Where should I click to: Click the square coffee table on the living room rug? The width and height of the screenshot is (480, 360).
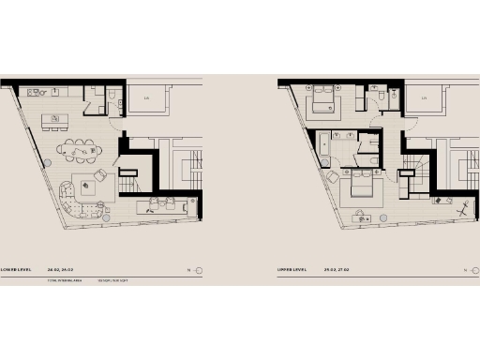tap(96, 183)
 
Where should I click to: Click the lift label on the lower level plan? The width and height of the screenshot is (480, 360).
tap(146, 97)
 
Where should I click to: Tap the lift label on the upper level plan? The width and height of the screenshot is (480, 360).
tap(425, 97)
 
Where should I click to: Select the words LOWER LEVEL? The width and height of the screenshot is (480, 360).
tap(17, 270)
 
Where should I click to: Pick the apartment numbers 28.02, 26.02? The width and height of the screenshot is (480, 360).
tap(60, 270)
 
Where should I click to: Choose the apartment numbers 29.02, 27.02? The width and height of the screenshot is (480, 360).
tap(337, 270)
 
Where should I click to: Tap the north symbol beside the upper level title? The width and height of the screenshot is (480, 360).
tap(473, 270)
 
